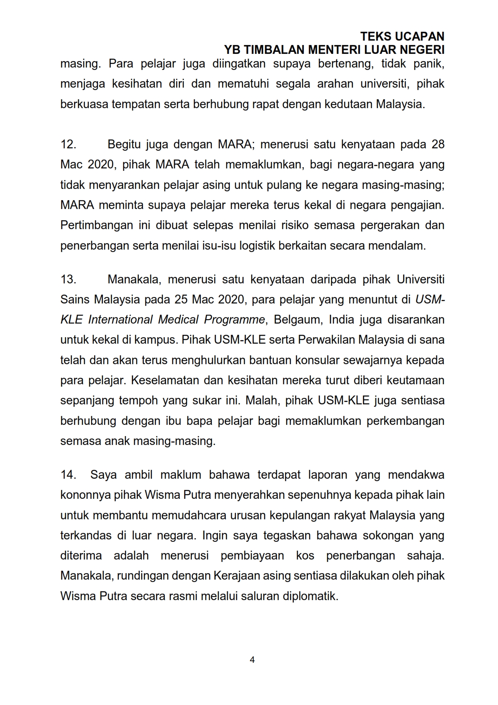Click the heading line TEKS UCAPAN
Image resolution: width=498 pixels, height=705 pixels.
point(402,37)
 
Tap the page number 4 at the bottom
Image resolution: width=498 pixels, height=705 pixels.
point(252,660)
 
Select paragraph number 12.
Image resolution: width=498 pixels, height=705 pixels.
point(68,144)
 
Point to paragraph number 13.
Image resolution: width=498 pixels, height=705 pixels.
point(68,279)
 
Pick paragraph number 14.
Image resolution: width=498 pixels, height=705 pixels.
point(68,475)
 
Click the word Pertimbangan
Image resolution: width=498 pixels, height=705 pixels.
point(96,225)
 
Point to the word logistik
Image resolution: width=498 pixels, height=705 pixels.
point(254,246)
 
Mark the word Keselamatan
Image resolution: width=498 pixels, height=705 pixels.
point(165,380)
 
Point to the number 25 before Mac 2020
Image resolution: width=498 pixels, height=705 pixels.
point(182,299)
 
